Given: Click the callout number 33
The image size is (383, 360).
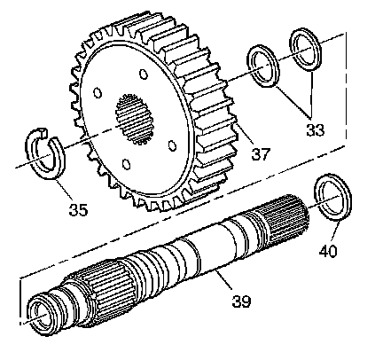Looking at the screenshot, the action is coord(315,129).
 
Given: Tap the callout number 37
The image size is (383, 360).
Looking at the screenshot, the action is coord(261,154).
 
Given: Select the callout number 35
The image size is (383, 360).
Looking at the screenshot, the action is coord(78,209).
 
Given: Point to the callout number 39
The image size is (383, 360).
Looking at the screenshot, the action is coord(241,301).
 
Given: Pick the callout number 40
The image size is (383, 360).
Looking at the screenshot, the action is coord(328,251).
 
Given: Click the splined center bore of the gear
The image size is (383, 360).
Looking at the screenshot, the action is coord(135,119).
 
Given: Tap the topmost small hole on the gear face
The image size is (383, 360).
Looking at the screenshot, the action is coord(144,74).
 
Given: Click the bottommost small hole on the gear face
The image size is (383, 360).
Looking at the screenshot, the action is coord(126,164).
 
